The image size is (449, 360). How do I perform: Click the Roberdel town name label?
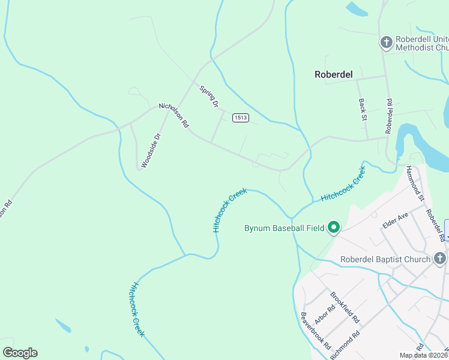(x=334, y=74)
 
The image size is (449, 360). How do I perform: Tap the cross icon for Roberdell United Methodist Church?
(x=387, y=42)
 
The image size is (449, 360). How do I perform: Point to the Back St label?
(x=363, y=110)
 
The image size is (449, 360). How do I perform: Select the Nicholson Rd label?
(x=174, y=115)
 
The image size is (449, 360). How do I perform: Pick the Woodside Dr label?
(x=151, y=150)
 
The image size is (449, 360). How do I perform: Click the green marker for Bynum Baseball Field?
(x=334, y=228)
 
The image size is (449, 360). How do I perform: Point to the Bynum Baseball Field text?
(x=284, y=228)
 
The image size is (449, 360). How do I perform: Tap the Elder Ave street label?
(x=396, y=220)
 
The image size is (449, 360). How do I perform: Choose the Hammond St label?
(x=415, y=183)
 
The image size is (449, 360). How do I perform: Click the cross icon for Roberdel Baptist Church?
(x=440, y=259)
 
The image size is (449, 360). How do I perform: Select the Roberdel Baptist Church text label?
(x=385, y=260)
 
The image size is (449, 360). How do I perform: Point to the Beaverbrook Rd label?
(x=316, y=331)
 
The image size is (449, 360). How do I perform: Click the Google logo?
(x=20, y=353)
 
